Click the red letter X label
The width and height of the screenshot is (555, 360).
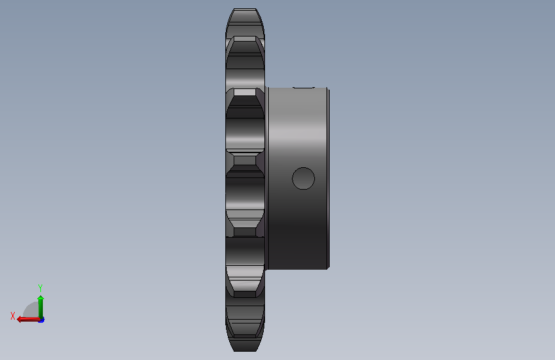[x=13, y=316]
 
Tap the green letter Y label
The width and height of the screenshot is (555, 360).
[x=40, y=288]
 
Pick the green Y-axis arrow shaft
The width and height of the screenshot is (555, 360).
[x=41, y=308]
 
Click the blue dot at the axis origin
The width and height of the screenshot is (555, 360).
[x=42, y=320]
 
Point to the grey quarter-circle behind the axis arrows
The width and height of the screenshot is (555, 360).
[x=31, y=311]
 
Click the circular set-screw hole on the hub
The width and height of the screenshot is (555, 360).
[x=303, y=178]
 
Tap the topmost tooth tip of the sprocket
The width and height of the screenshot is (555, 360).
[x=245, y=9]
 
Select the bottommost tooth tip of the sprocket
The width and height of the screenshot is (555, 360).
[x=245, y=350]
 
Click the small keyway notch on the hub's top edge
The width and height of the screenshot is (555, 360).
[x=303, y=87]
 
